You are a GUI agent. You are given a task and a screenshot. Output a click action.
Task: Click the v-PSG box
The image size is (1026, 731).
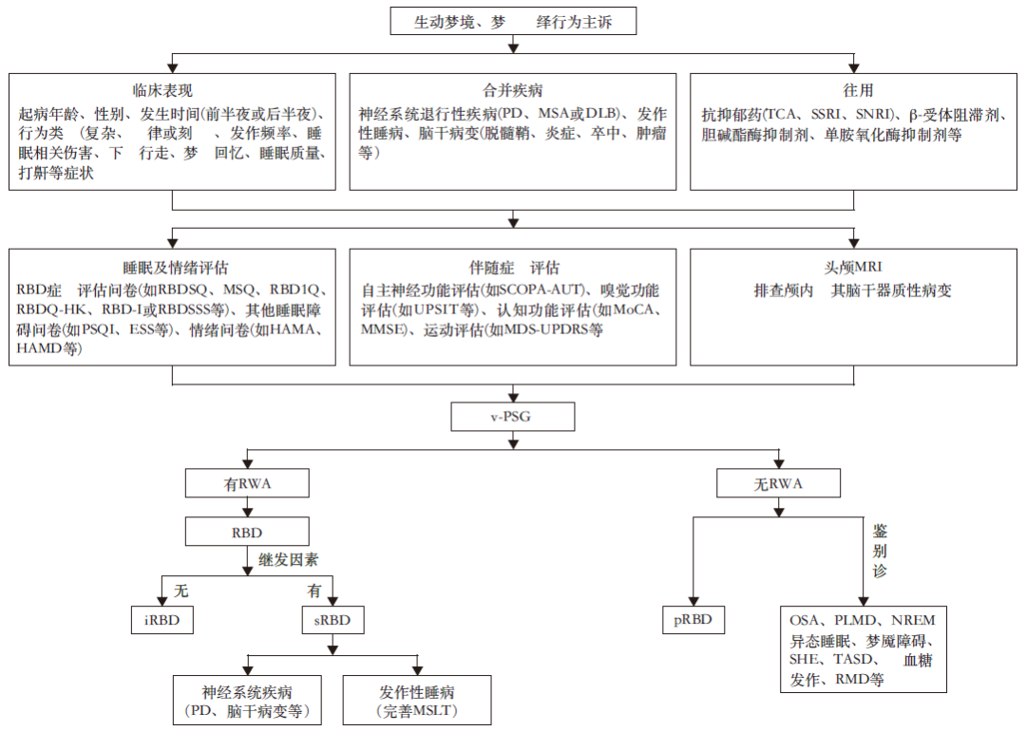pos(513,416)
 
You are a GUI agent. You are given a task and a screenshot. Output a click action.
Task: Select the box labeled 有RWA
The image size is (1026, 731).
pos(247,484)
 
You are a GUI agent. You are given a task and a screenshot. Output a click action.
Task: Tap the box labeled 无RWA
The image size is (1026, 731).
pos(778,484)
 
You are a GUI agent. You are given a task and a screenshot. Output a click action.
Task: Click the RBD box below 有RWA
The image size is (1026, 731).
pos(247,531)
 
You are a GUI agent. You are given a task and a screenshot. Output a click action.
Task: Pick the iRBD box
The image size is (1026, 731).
pos(162,621)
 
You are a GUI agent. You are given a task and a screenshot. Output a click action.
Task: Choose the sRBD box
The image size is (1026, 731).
pos(332,621)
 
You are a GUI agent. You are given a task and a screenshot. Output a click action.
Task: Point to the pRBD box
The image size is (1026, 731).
pos(693,621)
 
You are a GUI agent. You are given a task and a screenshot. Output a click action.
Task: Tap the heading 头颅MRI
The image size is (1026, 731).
pos(853,268)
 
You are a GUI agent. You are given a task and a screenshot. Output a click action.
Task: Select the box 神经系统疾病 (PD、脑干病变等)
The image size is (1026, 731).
pos(247,701)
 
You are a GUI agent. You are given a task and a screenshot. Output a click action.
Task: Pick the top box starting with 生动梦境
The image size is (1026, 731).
pos(513,21)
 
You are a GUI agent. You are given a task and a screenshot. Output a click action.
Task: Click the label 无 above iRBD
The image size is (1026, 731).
pos(180,590)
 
